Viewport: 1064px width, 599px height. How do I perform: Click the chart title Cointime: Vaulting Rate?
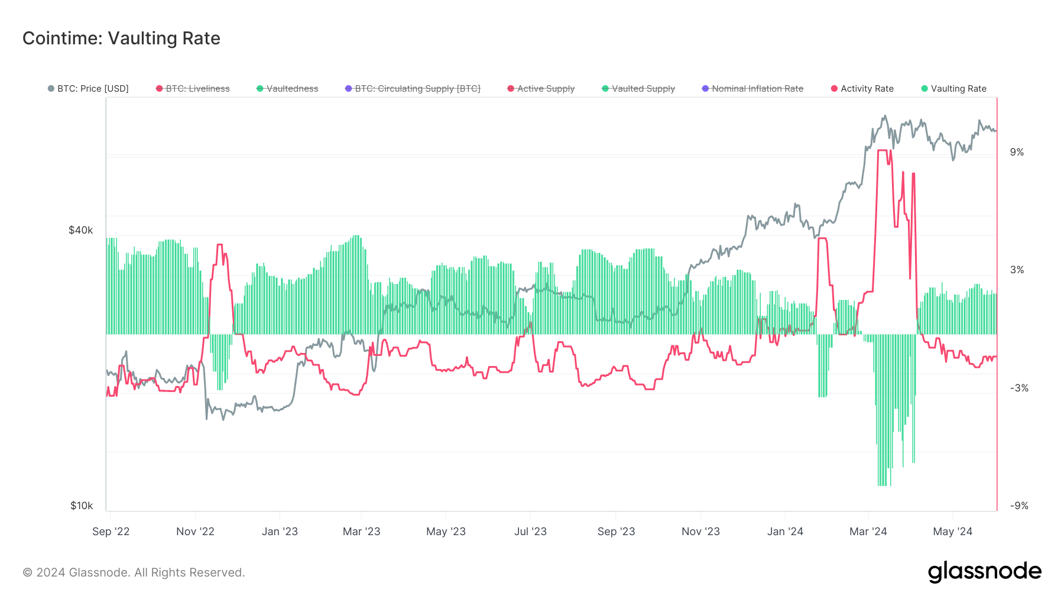(x=121, y=38)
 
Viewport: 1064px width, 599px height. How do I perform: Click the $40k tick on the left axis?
(x=81, y=230)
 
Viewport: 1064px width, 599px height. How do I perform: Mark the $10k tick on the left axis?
(x=82, y=506)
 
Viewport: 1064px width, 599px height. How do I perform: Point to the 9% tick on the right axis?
(x=1017, y=152)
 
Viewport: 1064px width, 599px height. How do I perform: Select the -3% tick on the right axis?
(x=1019, y=388)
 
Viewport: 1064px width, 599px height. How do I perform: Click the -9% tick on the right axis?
(x=1019, y=506)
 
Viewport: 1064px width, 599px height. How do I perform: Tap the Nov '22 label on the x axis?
(x=195, y=532)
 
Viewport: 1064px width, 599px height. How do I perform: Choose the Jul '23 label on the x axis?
(x=530, y=532)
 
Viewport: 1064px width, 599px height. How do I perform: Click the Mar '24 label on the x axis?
(x=868, y=532)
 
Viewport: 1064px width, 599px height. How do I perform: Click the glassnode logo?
(x=984, y=572)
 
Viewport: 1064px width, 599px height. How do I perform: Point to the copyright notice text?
(x=134, y=572)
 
